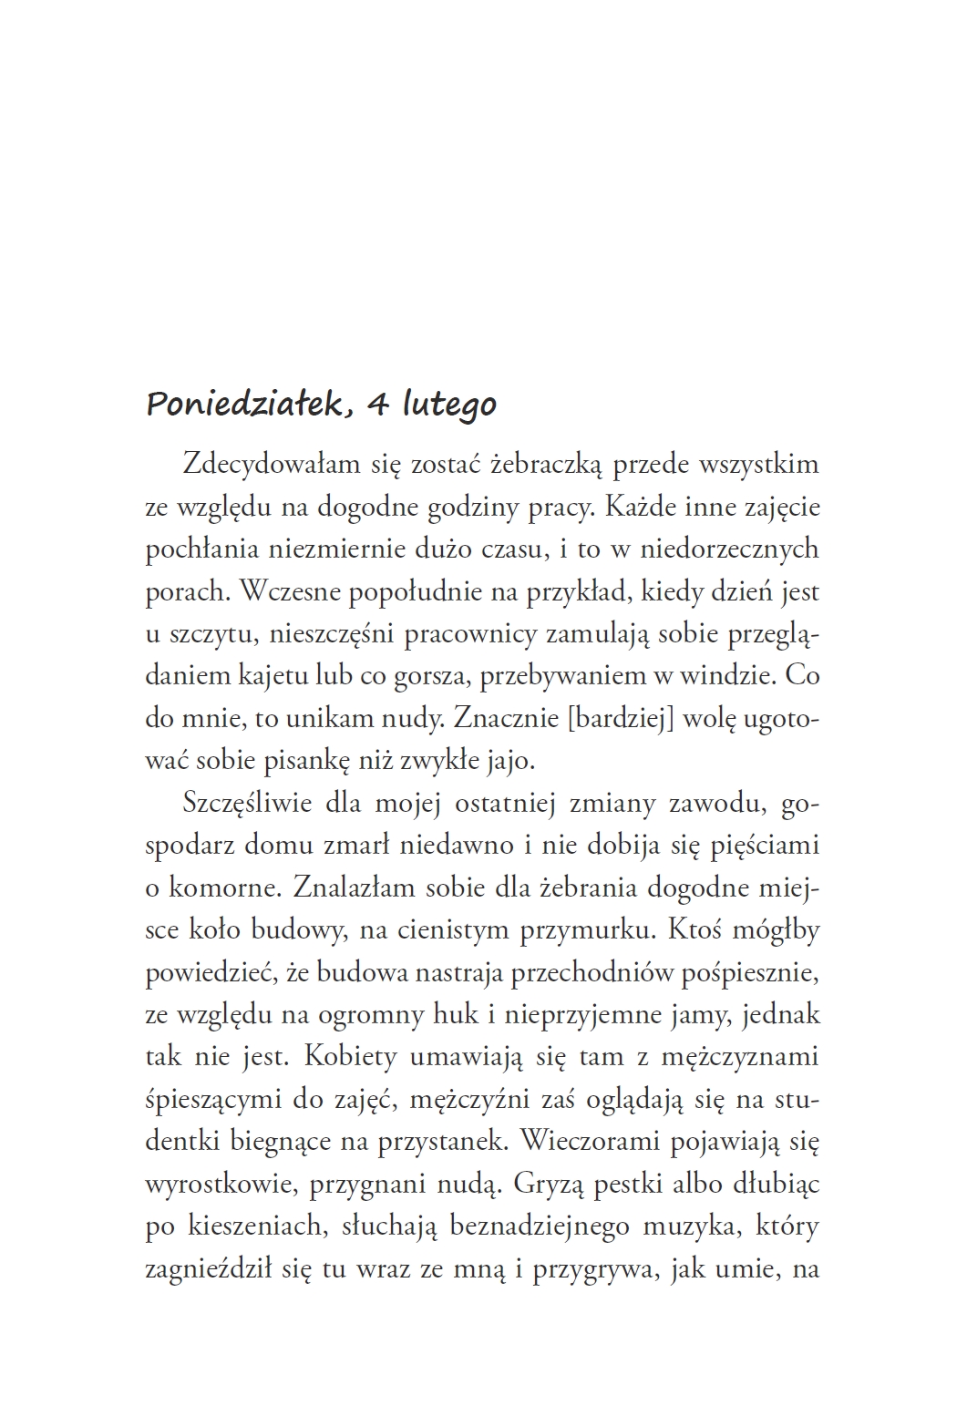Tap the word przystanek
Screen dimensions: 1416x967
[x=439, y=1140]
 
